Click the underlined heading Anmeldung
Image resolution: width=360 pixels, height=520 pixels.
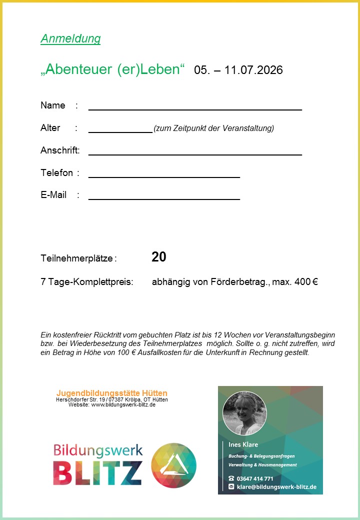(70, 39)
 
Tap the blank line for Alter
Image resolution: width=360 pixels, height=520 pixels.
(120, 131)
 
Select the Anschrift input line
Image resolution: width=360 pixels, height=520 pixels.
(195, 153)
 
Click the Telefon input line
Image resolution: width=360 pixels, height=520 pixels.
(164, 176)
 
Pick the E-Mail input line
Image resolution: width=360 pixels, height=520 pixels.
(164, 198)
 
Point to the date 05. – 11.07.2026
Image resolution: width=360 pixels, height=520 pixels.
(238, 70)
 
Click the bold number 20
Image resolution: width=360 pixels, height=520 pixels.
(159, 257)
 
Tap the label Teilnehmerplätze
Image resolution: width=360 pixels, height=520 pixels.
(77, 258)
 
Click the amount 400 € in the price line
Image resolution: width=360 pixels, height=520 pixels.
(306, 282)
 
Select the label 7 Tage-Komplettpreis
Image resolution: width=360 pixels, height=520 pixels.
(87, 282)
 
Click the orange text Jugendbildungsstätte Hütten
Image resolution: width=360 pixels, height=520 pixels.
(112, 393)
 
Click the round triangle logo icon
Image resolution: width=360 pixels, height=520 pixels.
(174, 465)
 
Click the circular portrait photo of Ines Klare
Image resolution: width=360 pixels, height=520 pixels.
(244, 413)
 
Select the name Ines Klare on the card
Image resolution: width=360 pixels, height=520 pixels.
(243, 444)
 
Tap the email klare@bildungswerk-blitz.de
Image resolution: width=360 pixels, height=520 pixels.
(276, 486)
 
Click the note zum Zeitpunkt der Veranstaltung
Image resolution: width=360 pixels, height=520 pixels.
(214, 128)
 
